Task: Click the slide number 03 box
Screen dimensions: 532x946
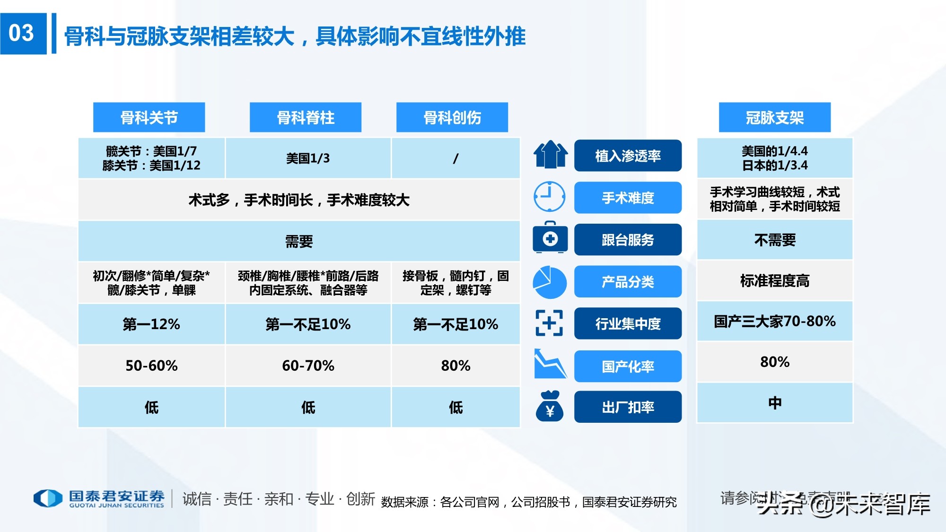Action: tap(23, 34)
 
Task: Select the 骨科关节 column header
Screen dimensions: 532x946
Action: tap(149, 117)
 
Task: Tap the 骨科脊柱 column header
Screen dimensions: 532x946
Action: tap(306, 117)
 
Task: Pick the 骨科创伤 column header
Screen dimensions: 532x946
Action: tap(452, 117)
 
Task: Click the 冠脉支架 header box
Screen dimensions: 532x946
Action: tap(775, 117)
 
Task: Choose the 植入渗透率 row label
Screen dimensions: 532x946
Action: tap(628, 156)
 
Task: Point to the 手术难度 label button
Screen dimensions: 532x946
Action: tap(628, 198)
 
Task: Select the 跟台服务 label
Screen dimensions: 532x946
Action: tap(628, 240)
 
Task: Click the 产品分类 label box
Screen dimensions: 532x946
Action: tap(628, 282)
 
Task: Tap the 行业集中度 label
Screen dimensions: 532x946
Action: tap(628, 323)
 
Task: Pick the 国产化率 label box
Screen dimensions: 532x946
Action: tap(628, 366)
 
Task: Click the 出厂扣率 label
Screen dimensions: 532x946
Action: tap(628, 407)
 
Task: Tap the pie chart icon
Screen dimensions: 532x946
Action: tap(549, 282)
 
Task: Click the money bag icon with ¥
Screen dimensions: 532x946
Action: tap(550, 406)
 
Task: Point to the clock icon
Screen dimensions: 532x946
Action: tap(549, 196)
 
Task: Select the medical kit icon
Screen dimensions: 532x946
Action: tap(550, 238)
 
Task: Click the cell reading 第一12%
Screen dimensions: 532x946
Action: tap(151, 324)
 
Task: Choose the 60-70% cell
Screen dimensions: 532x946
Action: tap(308, 366)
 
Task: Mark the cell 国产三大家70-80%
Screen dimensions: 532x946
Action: tap(775, 321)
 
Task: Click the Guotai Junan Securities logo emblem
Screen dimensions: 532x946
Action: tap(48, 498)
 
